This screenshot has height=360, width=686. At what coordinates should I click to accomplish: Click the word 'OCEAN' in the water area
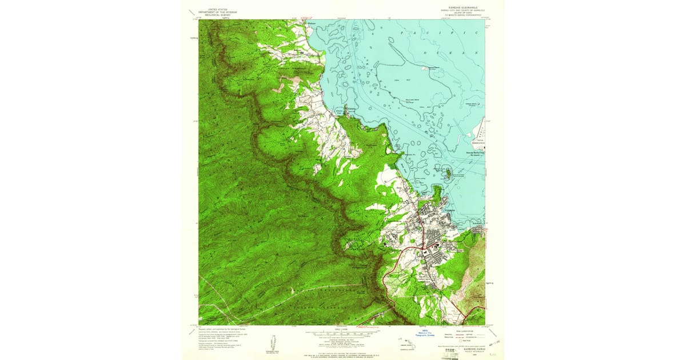click(x=455, y=52)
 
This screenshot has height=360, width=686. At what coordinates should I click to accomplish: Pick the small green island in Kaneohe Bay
click(x=449, y=172)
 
